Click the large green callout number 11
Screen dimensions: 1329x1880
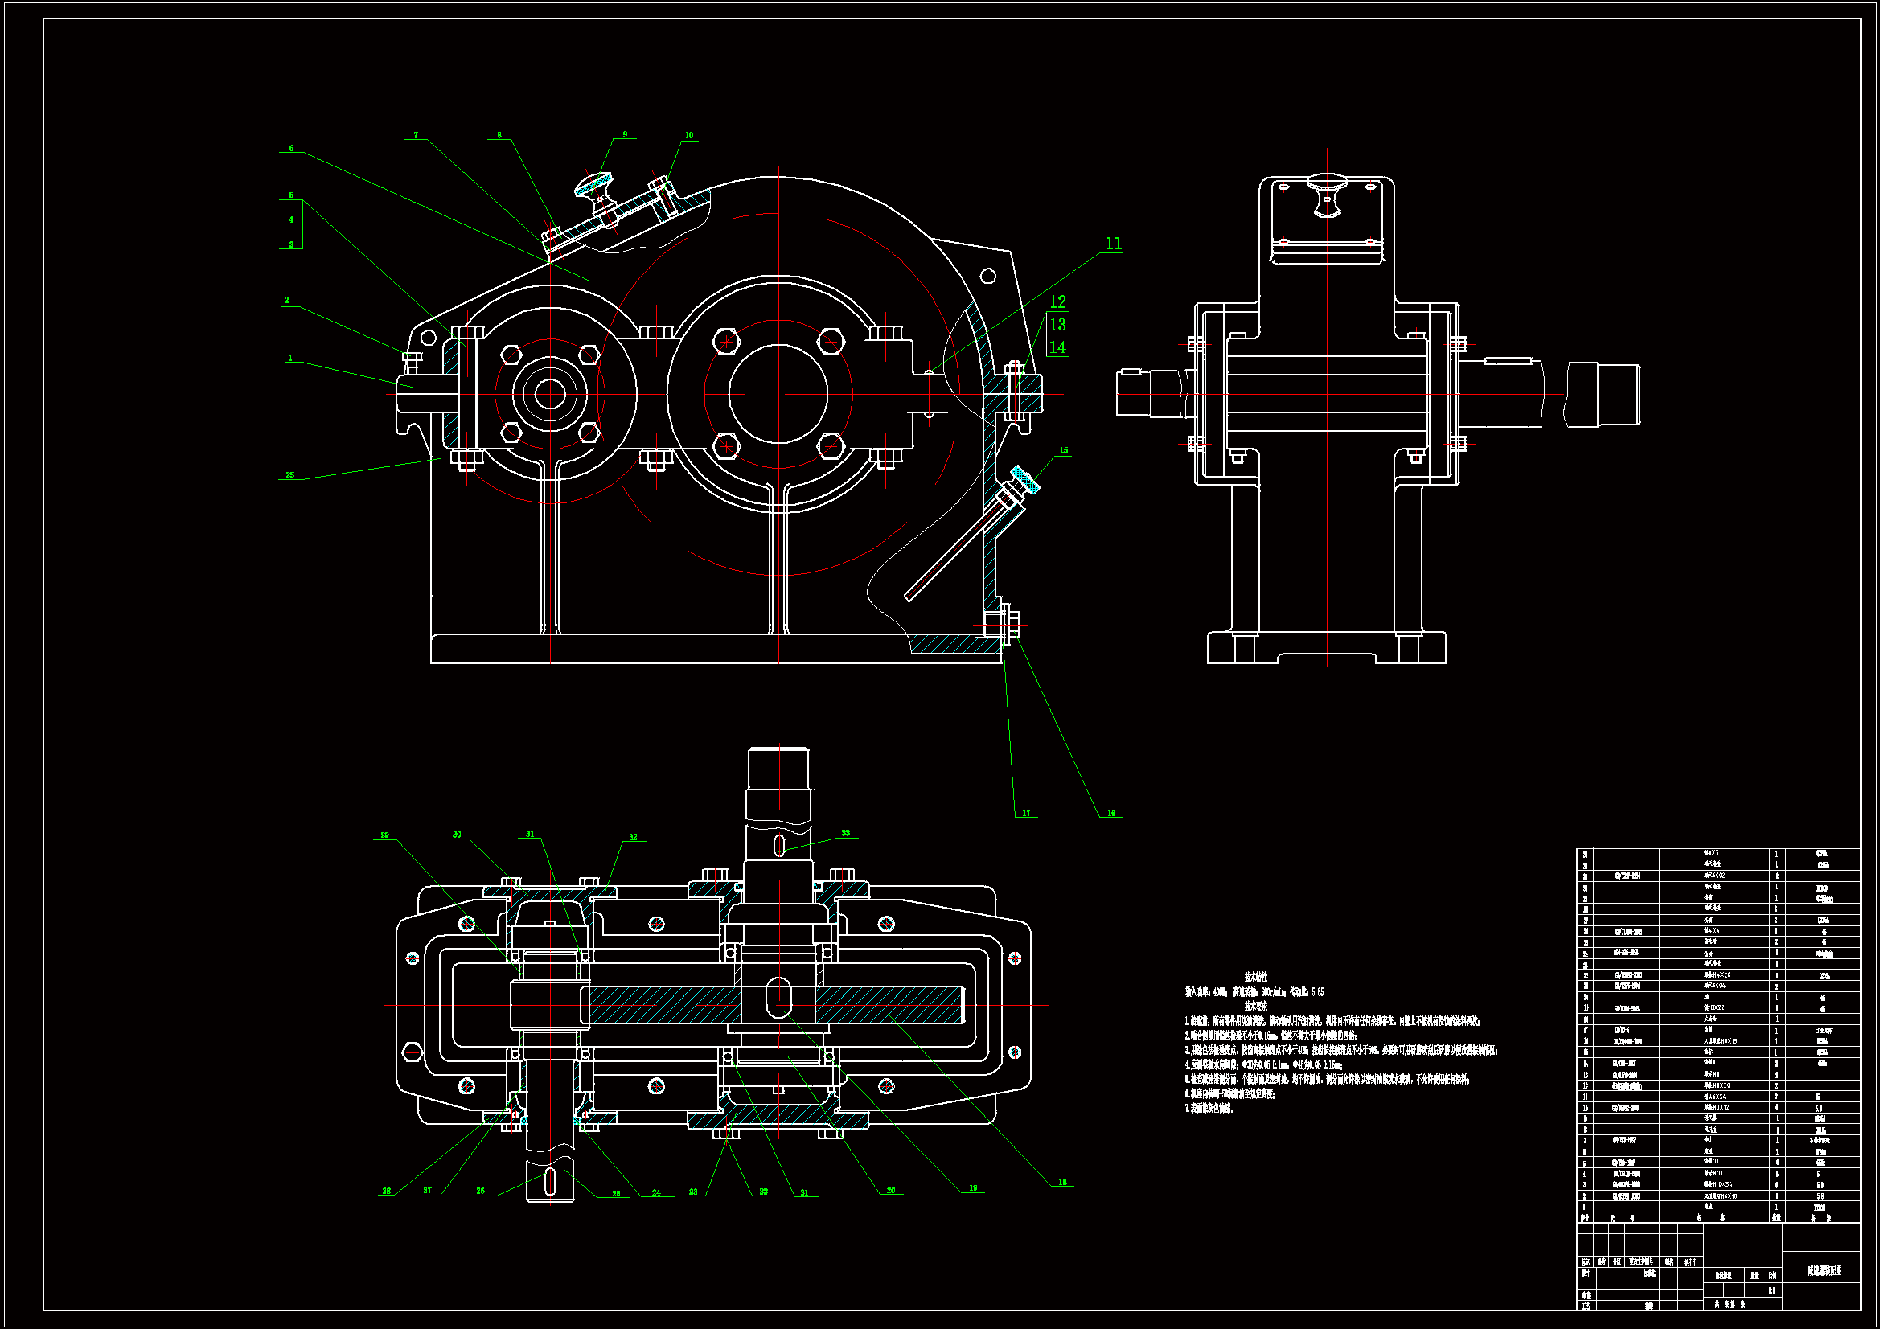[x=1113, y=243]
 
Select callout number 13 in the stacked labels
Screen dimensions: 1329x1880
[x=1057, y=324]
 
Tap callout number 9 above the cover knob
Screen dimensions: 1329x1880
[x=625, y=134]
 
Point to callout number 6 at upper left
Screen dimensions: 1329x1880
[x=290, y=148]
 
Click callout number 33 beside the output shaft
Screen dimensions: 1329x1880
[x=845, y=833]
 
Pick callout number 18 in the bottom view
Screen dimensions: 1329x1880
[x=1062, y=1182]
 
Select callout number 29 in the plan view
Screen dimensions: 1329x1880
[x=385, y=835]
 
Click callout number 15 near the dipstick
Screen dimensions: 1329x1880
[x=1064, y=450]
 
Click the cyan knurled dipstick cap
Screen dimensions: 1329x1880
[x=1024, y=480]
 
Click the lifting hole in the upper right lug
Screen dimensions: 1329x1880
[x=988, y=276]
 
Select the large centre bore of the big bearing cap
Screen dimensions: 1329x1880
[x=778, y=394]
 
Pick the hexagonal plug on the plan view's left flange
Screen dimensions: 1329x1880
[x=412, y=1051]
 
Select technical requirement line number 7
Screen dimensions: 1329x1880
[x=1209, y=1109]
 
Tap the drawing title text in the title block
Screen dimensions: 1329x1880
[x=1825, y=1270]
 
